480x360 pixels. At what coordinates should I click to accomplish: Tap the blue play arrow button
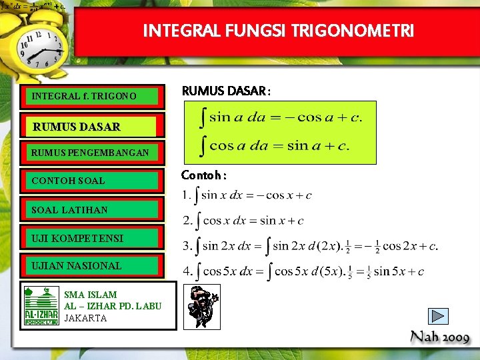[438, 316]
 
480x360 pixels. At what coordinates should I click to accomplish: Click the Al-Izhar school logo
[41, 306]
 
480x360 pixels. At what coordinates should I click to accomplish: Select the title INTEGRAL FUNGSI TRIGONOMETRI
[278, 31]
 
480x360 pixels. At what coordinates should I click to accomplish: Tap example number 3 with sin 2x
[310, 246]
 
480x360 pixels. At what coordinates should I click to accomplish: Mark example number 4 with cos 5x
[304, 271]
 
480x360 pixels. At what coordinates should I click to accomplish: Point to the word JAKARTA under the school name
[85, 318]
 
